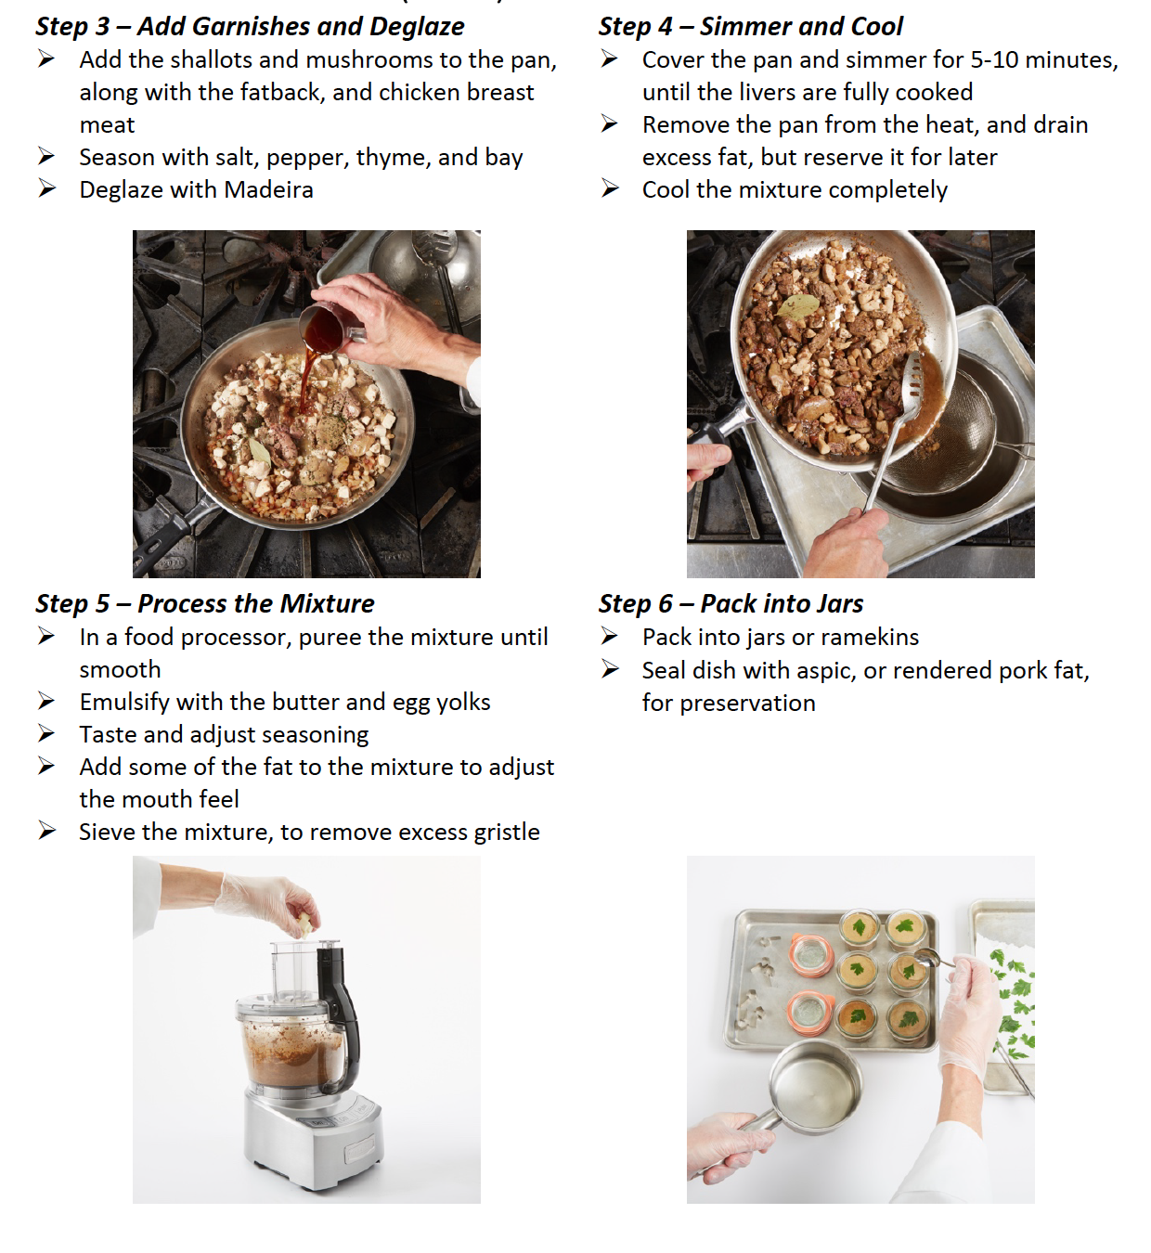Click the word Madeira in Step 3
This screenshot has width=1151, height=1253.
268,190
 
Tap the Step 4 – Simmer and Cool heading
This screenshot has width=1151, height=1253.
750,27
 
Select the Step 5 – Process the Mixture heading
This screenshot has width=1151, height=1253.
204,604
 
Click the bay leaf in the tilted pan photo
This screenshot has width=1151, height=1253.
798,306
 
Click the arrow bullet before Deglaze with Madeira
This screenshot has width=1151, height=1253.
46,189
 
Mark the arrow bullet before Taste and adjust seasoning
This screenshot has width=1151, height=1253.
46,734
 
